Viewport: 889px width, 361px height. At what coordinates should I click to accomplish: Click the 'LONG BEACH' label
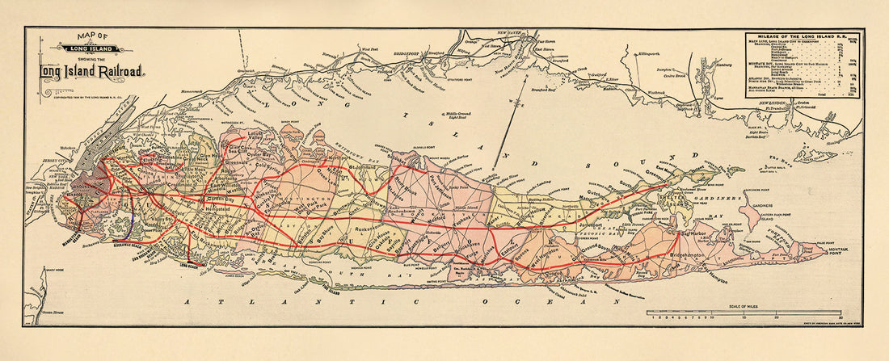tap(194, 264)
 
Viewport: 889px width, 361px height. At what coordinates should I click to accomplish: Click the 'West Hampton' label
tap(550, 252)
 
